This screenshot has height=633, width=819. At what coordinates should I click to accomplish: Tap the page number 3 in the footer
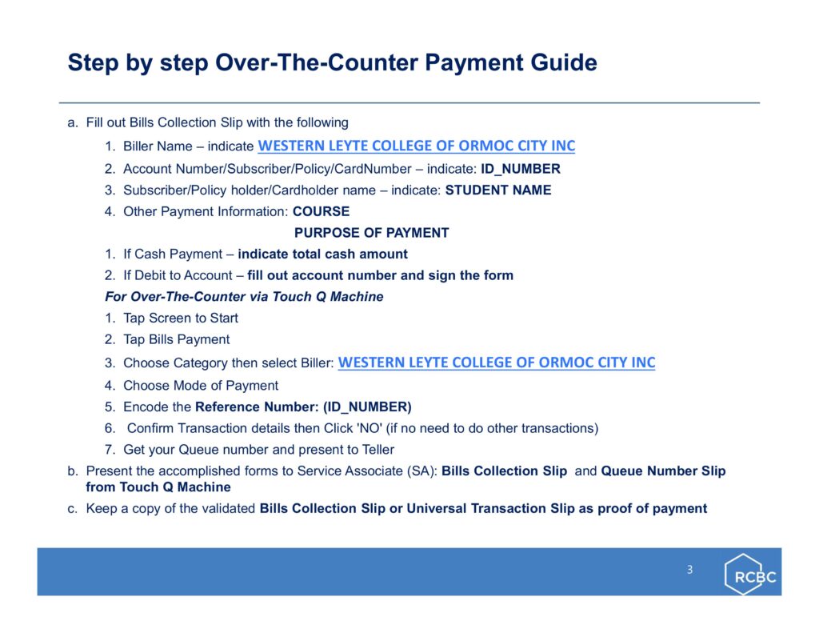[x=689, y=569]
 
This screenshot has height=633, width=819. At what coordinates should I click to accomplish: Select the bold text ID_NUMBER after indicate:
[x=520, y=169]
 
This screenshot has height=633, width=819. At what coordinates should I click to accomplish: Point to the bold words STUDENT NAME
[x=497, y=190]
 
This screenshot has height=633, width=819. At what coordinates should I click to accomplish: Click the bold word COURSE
[x=321, y=212]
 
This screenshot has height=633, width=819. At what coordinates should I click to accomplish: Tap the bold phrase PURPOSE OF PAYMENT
[x=371, y=233]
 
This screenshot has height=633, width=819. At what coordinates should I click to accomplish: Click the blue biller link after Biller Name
[x=416, y=146]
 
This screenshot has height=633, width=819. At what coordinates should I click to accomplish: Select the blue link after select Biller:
[x=496, y=363]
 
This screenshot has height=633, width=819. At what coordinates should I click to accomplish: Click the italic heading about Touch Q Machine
[x=244, y=297]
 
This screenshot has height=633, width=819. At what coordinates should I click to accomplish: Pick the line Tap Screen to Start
[x=180, y=319]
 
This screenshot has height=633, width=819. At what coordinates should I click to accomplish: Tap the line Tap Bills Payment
[x=176, y=340]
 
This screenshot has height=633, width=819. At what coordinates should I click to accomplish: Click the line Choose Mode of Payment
[x=201, y=386]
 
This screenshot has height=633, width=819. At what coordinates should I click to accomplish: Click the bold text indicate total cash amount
[x=322, y=254]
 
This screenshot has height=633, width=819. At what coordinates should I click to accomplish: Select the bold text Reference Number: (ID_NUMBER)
[x=303, y=407]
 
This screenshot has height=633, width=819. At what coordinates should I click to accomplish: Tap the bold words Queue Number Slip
[x=663, y=471]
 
